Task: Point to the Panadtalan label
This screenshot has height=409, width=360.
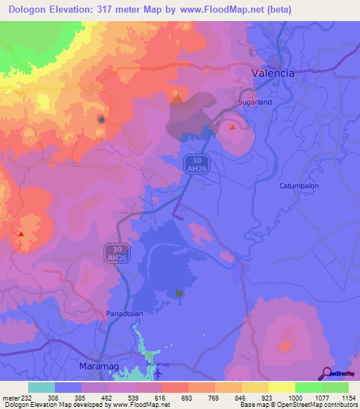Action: [124, 312]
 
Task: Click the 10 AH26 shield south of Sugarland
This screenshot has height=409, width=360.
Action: [195, 164]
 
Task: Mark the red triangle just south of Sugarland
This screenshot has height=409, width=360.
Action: [233, 127]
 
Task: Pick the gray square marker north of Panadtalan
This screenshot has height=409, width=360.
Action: [179, 293]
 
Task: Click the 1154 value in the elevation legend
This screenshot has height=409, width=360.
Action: [339, 397]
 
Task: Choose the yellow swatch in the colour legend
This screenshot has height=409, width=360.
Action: [281, 387]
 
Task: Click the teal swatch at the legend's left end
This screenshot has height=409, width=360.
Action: [41, 387]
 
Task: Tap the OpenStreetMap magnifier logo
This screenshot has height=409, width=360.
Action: [328, 372]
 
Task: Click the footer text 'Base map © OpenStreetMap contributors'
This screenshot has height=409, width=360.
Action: [297, 405]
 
